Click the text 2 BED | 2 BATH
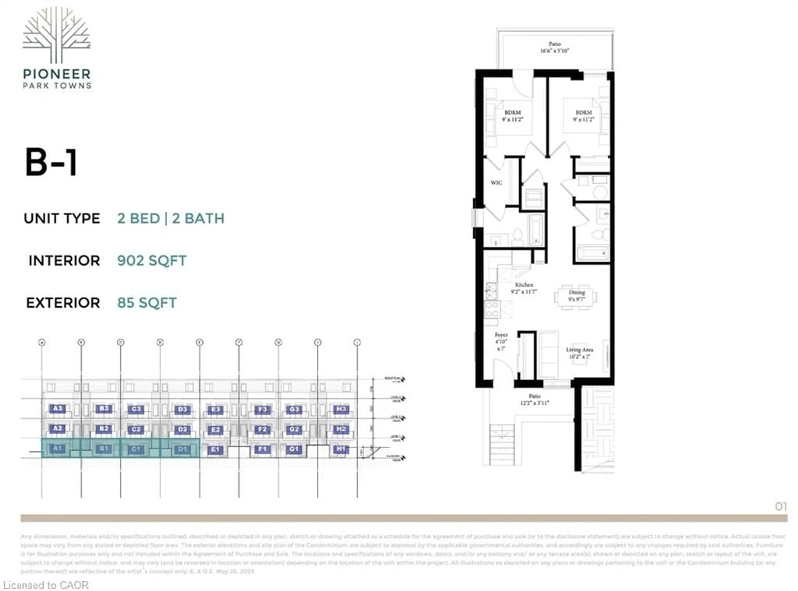tap(171, 218)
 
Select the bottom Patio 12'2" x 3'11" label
tap(534, 399)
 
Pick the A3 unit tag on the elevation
tap(57, 408)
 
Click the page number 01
tap(781, 506)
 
